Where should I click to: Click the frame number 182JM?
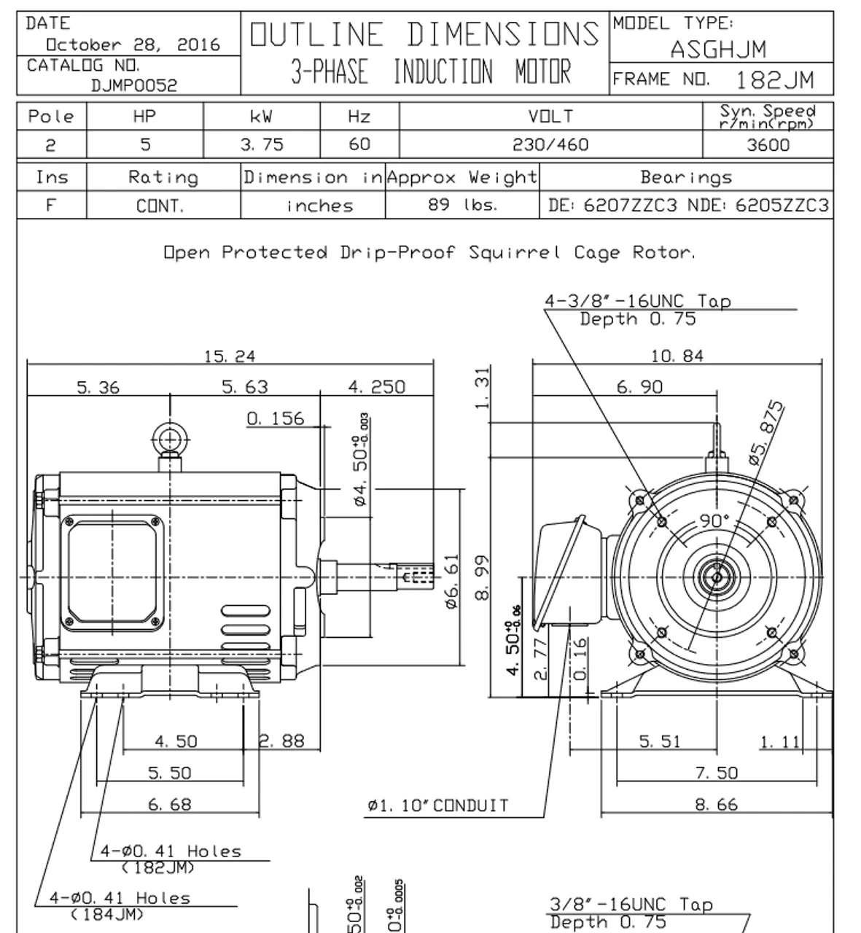(x=774, y=79)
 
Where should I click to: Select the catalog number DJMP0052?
(x=134, y=85)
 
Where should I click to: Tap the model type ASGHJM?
(x=718, y=49)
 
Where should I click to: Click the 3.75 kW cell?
(x=262, y=145)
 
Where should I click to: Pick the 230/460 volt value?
(x=550, y=145)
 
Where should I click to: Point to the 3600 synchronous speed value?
(x=768, y=145)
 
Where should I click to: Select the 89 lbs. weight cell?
(x=462, y=205)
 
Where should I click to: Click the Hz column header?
(x=359, y=117)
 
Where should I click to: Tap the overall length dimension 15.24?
(x=230, y=356)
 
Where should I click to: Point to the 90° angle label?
(x=714, y=520)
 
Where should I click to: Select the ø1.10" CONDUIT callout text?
(x=437, y=805)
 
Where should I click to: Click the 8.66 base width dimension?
(x=716, y=805)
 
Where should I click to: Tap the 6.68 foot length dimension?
(x=170, y=805)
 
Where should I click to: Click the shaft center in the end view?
(x=717, y=577)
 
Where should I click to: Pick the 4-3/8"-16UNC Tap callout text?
(x=637, y=301)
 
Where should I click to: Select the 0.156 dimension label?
(x=275, y=418)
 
